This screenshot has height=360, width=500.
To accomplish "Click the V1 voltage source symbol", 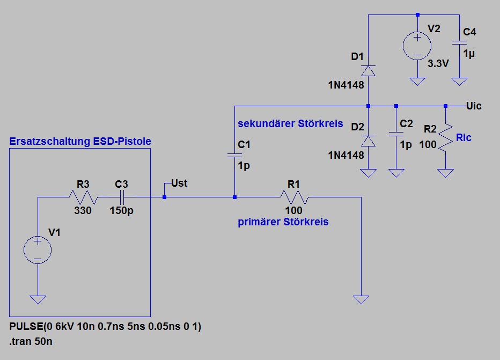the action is pos(38,250).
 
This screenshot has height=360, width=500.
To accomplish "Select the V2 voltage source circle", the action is pos(417,46).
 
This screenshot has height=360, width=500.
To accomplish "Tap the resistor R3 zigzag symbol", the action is pos(83,197).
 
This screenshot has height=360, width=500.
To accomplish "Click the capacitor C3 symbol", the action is pos(121,197).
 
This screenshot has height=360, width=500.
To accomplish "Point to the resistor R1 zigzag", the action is pos(295,197).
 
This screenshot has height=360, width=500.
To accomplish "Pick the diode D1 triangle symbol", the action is pos(368,71).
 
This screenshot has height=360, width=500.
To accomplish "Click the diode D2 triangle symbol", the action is pos(368,141).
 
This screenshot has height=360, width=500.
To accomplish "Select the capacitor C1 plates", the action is pos(234,155).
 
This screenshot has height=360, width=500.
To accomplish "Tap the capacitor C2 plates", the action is pos(396,134).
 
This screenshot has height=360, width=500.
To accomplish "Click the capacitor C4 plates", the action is pos(459,43).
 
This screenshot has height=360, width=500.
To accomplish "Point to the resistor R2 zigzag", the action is pos(445,138).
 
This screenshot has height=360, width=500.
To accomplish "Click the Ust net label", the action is pos(179,183).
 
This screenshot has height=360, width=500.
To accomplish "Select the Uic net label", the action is pos(474,106).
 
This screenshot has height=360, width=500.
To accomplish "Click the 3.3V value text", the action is pos(438,63).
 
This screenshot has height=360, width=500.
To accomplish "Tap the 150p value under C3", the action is pos(121,211).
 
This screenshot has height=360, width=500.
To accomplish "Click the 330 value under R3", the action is pos(83,210).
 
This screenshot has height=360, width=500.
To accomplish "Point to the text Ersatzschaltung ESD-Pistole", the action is pos(80,141).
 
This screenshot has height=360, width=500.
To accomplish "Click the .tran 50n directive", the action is pos(31,342).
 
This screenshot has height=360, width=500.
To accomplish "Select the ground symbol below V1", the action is pos(38,300).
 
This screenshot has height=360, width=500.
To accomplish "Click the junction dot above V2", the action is pos(417,14).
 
